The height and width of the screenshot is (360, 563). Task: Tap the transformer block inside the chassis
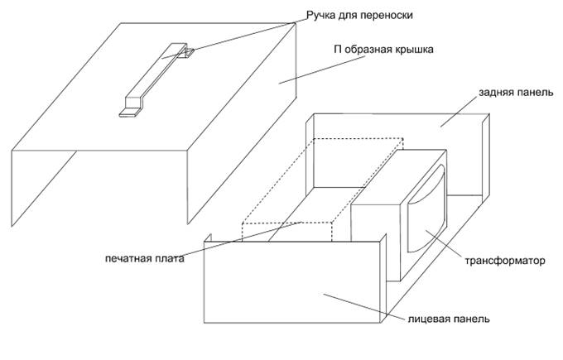[x=377, y=223]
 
